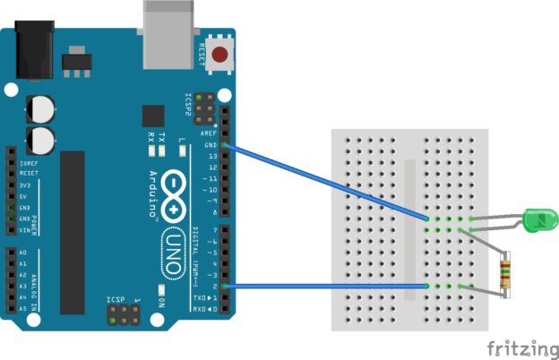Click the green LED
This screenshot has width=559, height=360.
click(x=539, y=218)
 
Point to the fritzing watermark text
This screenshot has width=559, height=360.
click(x=519, y=347)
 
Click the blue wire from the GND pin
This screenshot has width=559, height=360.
click(x=322, y=180)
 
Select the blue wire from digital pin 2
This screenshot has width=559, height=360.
click(x=322, y=287)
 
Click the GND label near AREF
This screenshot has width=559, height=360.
click(x=211, y=144)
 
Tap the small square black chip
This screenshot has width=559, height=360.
click(x=153, y=116)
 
